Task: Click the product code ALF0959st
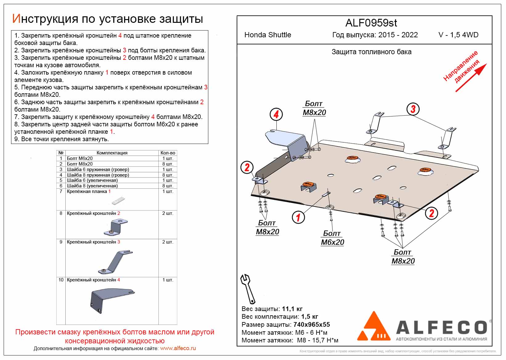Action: [371, 23]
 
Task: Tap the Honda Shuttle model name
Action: [267, 35]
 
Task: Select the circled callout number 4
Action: [276, 114]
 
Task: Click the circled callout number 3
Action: [413, 109]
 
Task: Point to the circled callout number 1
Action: [298, 217]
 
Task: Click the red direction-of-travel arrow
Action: [471, 78]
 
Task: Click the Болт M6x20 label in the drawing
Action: [332, 238]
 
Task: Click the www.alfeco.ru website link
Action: [178, 349]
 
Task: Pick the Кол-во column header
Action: [168, 153]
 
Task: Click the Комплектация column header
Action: [112, 153]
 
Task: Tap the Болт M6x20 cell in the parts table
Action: [80, 158]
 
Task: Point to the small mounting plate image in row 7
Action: [118, 201]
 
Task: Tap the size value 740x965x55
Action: [312, 325]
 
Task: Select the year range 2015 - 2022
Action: [398, 35]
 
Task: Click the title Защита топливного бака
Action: [371, 52]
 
